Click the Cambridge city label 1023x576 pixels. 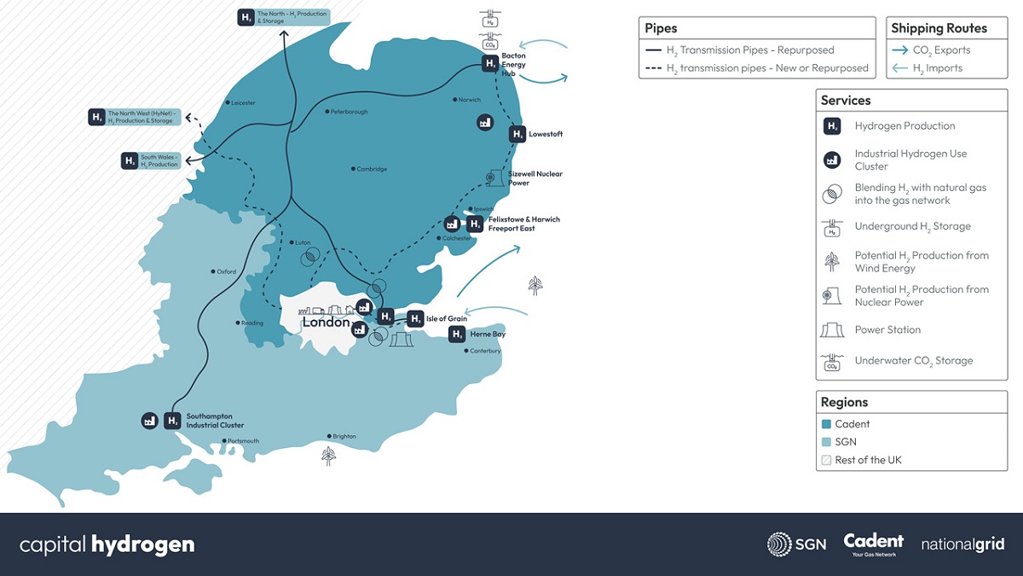(x=372, y=169)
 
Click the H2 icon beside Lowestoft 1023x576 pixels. (x=517, y=134)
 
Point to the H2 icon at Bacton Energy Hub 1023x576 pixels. (x=490, y=63)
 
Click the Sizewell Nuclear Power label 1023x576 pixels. (x=530, y=178)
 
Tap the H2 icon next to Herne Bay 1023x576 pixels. (x=458, y=335)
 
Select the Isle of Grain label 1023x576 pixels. (x=446, y=319)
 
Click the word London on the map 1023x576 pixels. (x=326, y=323)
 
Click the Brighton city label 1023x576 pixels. (x=344, y=437)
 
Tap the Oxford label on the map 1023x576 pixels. (x=226, y=272)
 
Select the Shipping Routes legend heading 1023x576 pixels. (x=939, y=28)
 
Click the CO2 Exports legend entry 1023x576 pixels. (x=941, y=50)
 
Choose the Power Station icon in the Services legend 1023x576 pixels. (x=831, y=330)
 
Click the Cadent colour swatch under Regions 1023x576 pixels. (x=825, y=424)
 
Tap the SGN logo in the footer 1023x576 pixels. (x=796, y=544)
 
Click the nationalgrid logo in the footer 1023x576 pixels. (x=962, y=544)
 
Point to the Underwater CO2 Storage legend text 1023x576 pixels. (x=913, y=361)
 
